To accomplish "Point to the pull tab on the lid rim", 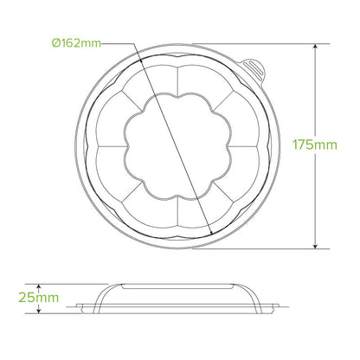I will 252,62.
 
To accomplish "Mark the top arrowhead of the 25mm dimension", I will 40,285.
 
